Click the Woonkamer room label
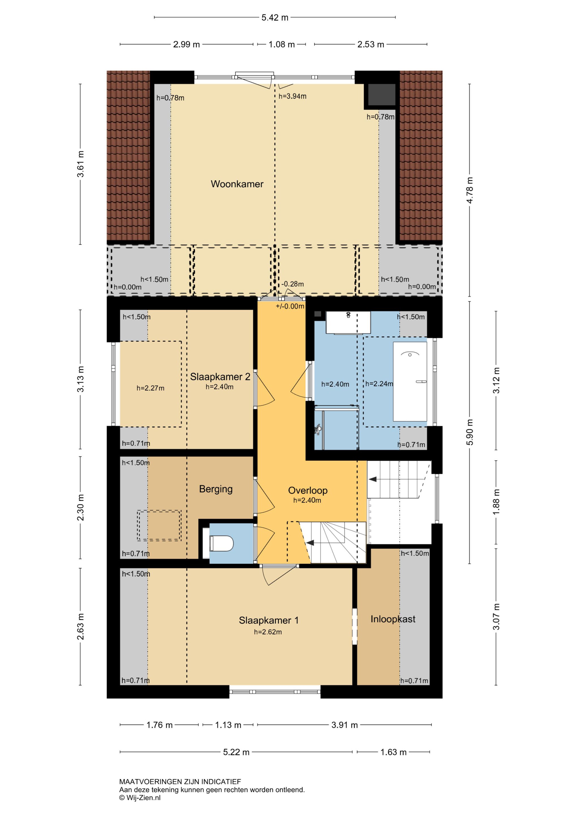click(237, 184)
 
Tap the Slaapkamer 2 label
click(220, 376)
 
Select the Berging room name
click(216, 489)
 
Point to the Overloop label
click(307, 490)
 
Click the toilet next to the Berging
click(222, 543)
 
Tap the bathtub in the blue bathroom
click(410, 382)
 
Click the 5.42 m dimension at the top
click(275, 17)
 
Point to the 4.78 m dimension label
click(470, 190)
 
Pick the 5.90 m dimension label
click(470, 432)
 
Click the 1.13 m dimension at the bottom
click(228, 725)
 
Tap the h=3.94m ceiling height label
click(292, 96)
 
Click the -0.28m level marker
click(293, 284)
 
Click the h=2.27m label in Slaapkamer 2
click(150, 388)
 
